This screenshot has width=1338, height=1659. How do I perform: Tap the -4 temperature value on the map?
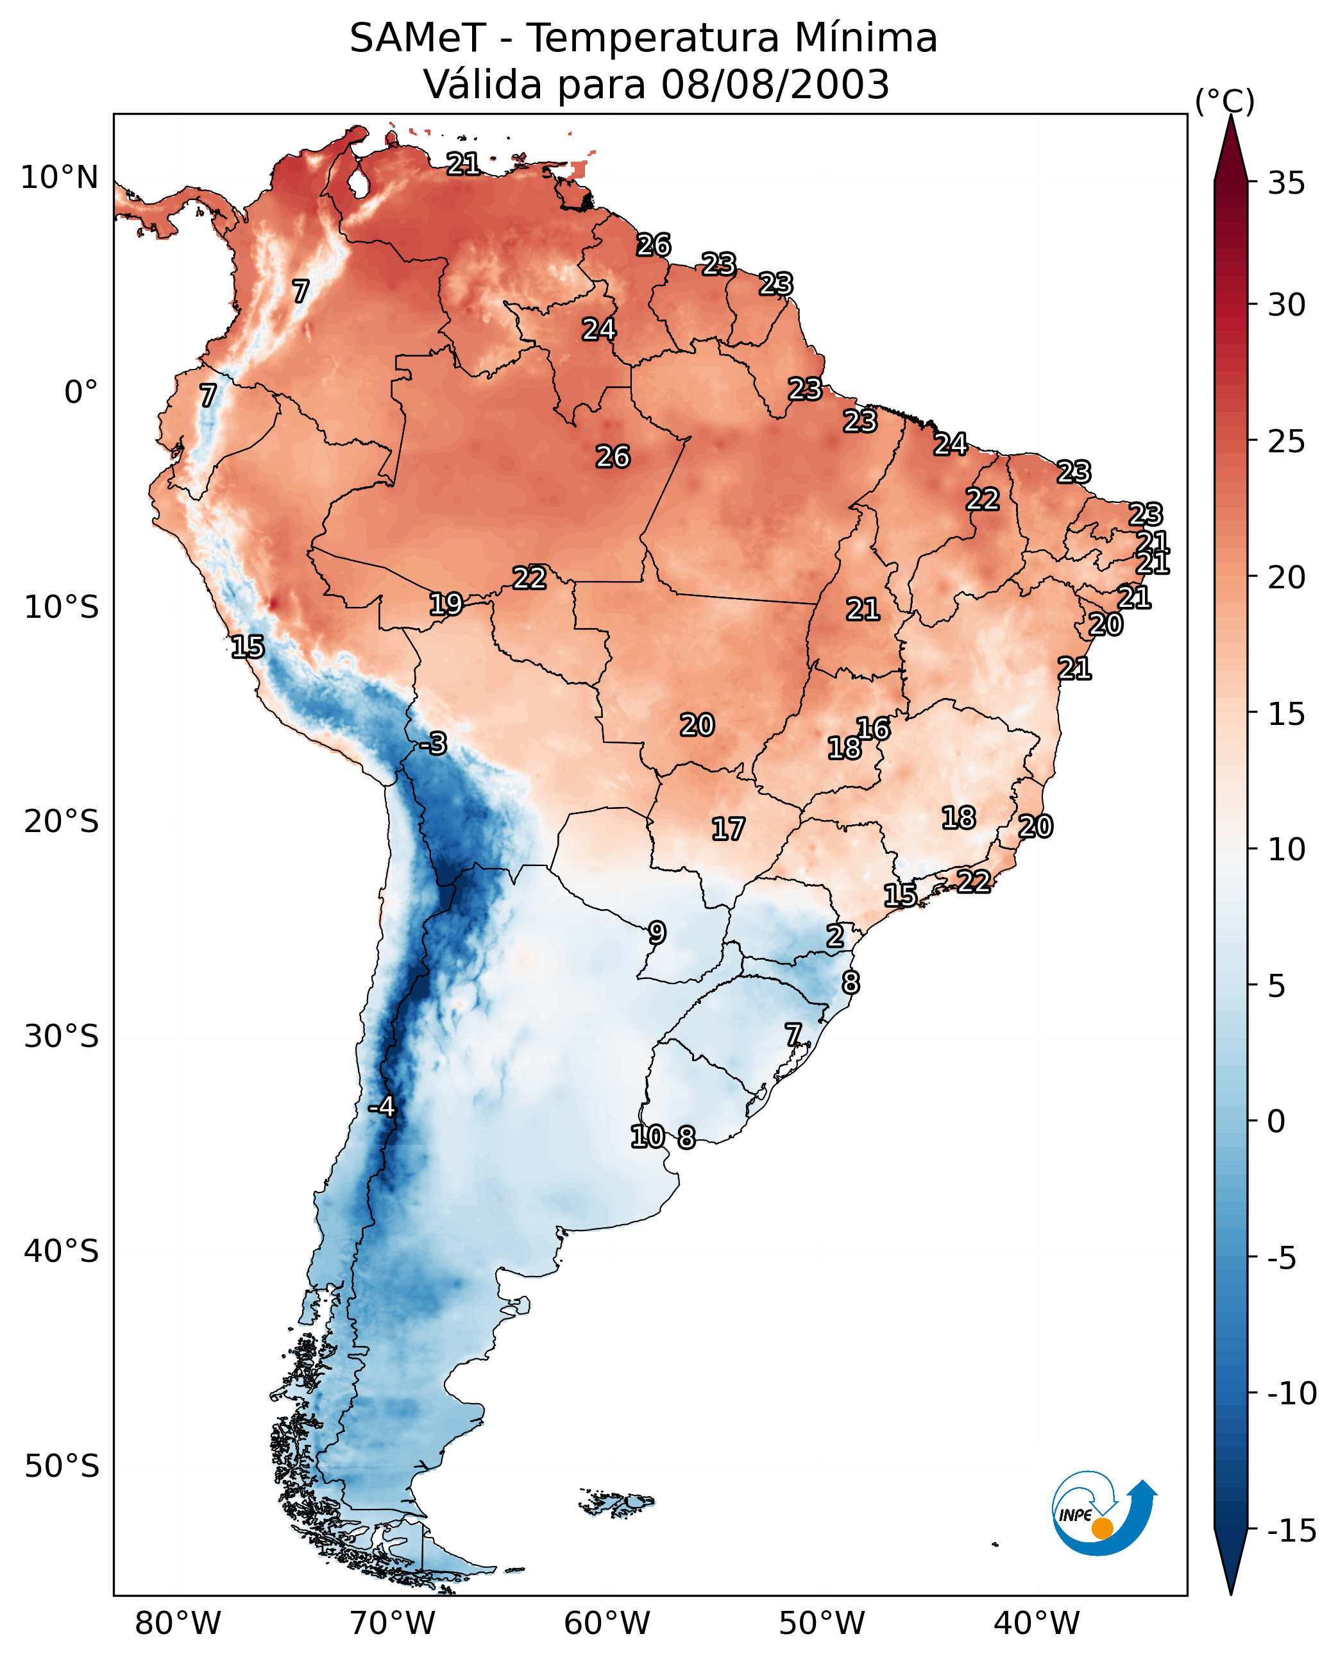(382, 1107)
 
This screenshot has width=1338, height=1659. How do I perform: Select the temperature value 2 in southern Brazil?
(834, 936)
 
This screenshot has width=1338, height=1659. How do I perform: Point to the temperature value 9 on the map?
(657, 933)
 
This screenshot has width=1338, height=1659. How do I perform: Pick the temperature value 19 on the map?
(446, 604)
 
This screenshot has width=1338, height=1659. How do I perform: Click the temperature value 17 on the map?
(727, 829)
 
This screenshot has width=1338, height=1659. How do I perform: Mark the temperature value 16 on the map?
(873, 729)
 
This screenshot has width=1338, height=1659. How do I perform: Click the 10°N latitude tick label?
(60, 178)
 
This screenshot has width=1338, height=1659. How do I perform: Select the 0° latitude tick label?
(81, 393)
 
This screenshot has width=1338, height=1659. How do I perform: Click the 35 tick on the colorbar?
(1286, 183)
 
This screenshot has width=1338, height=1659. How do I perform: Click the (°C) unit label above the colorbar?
(1224, 101)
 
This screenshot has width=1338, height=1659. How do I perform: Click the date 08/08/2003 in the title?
(775, 84)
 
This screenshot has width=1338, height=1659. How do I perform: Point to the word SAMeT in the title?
(418, 38)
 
